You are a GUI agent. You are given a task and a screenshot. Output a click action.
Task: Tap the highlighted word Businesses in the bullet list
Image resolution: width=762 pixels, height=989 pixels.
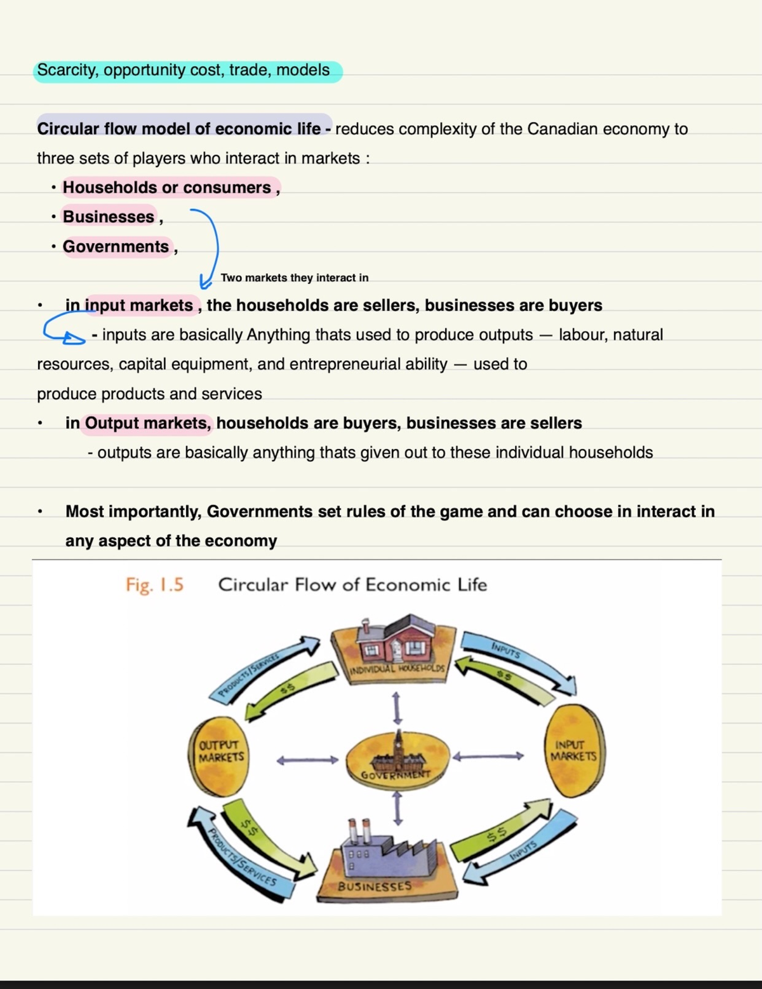point(109,217)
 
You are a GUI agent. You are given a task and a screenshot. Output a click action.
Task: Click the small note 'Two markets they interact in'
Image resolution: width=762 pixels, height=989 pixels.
point(295,278)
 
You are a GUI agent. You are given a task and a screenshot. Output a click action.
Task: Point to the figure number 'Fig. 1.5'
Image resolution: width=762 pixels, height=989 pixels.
point(154,584)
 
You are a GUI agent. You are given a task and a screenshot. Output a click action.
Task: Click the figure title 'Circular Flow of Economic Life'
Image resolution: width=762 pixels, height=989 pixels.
point(352,584)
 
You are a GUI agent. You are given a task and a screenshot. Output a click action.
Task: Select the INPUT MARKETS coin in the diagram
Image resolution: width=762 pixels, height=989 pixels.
point(574,751)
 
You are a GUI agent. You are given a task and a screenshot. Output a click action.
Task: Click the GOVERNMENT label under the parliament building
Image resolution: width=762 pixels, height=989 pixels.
point(396,775)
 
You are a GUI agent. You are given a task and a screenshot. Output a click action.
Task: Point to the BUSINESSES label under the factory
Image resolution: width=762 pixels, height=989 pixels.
point(375,886)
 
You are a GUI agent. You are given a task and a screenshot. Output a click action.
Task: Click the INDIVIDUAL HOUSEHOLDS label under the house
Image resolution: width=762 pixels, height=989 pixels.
point(398,669)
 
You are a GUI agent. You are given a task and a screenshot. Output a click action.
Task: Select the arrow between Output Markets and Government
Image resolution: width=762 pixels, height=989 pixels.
point(307,760)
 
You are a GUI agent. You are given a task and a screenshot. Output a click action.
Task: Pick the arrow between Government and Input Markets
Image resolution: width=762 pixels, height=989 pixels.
point(488,756)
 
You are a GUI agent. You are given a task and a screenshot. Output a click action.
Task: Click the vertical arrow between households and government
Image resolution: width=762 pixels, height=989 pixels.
point(398,708)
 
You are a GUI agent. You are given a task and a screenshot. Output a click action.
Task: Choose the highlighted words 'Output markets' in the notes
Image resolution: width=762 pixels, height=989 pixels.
point(147,423)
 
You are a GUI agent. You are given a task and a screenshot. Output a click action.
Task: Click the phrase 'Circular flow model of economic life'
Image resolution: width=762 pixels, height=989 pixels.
point(178,129)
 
